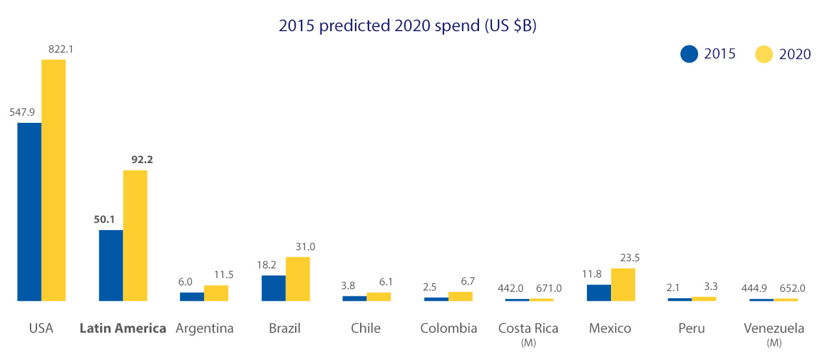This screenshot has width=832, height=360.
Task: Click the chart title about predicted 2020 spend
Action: coord(408,27)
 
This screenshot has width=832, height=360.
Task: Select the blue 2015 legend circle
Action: coord(689,54)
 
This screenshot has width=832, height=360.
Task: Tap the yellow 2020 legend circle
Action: coord(764,54)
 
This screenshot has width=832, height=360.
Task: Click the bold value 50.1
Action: coord(104,219)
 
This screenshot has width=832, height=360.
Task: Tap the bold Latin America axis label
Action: coord(123,328)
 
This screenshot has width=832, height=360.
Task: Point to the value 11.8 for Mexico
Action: coord(599,274)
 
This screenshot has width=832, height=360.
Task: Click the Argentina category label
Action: coord(204,328)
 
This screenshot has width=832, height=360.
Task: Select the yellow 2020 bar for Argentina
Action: coord(216,293)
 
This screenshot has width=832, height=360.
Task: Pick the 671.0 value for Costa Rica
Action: coord(548,288)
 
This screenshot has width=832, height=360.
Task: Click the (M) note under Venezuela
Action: coord(773,342)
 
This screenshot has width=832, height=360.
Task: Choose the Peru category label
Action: coord(692,328)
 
